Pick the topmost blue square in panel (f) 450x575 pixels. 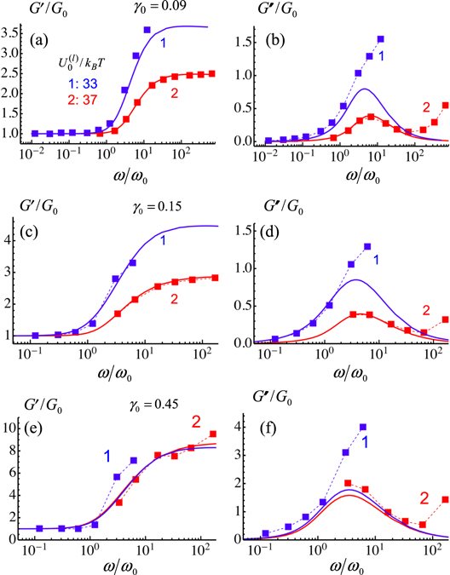(x=362, y=428)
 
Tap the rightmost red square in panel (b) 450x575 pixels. (x=441, y=106)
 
